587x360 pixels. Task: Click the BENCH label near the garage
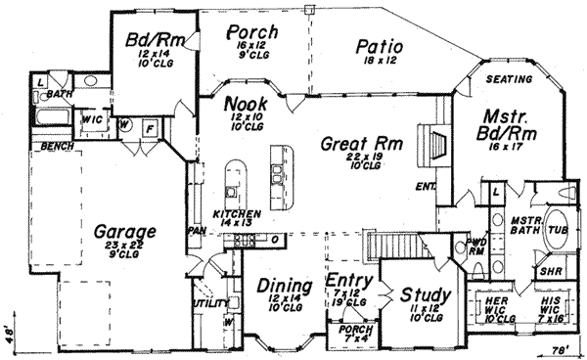point(31,147)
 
